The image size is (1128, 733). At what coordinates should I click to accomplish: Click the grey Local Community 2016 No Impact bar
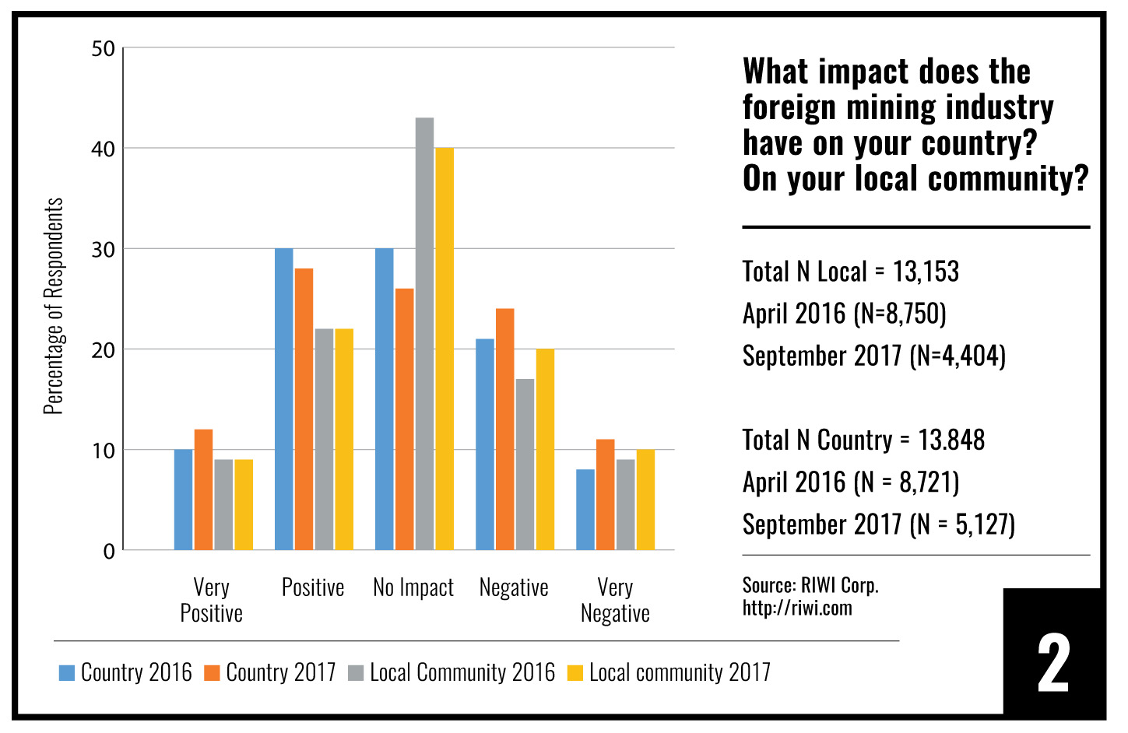pos(424,335)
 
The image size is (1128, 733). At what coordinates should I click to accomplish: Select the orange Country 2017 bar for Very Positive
pos(204,490)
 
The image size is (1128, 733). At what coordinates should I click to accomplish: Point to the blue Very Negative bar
pos(585,510)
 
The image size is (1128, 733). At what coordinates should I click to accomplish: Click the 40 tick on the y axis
pos(103,149)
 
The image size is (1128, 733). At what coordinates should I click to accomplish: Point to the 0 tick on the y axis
pos(109,552)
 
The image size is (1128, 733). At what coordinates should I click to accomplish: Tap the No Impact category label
pos(413,587)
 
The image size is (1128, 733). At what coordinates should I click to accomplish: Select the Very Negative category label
pos(615,600)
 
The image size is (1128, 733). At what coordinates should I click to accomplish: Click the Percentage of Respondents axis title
pos(53,306)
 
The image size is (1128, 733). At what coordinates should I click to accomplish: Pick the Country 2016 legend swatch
pos(67,673)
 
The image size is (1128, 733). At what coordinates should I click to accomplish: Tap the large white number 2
pos(1053,663)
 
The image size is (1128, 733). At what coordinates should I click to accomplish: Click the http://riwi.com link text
pos(797,608)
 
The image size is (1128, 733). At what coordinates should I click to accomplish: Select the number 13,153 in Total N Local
pos(926,272)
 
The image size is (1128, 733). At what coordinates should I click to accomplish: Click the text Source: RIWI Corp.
pos(810,585)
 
